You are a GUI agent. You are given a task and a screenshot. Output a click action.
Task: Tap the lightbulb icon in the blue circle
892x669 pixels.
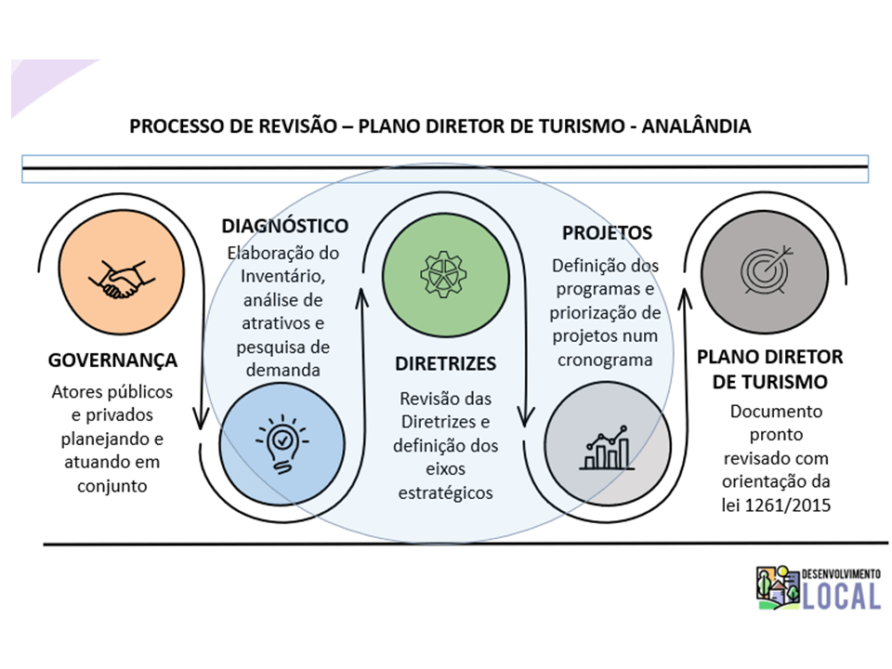point(282,441)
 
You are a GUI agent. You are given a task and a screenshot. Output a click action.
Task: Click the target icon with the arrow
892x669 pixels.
point(765,270)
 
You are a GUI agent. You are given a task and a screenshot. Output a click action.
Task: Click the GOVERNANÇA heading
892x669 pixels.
point(113,360)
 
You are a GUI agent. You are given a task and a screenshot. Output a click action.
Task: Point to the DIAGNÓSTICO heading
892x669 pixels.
point(284,226)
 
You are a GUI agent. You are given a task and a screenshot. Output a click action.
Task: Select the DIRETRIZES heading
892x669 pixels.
point(446,363)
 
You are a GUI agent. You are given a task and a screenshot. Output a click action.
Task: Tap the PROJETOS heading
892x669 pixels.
point(607,232)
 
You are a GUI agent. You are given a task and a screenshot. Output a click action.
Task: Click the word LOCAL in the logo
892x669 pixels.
point(843,596)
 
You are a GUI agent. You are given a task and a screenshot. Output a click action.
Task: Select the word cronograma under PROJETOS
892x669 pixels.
point(607,360)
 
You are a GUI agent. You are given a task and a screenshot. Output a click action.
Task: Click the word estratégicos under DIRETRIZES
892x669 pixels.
point(445,492)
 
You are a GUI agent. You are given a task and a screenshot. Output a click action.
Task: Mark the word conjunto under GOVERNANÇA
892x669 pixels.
point(112,485)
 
